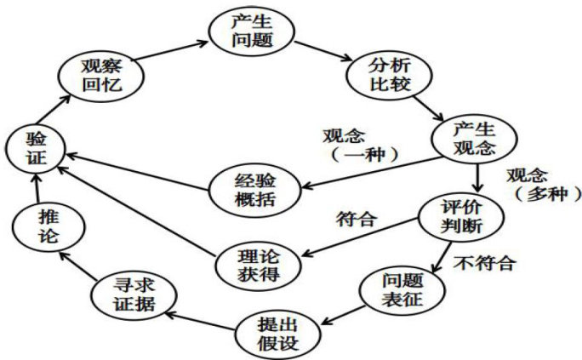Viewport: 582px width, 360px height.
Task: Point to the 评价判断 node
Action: (460, 218)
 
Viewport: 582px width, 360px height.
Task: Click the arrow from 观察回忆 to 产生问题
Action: (168, 54)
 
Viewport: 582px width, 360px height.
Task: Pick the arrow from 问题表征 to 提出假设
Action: (338, 311)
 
